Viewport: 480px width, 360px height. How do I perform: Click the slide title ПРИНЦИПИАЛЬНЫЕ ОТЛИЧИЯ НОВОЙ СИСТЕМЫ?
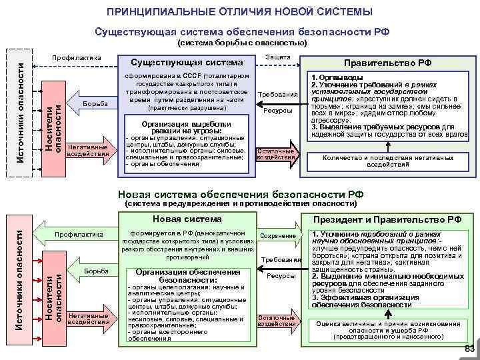click(x=240, y=12)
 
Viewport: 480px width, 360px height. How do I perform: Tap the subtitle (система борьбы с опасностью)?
click(x=241, y=43)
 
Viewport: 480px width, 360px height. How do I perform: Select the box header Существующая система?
click(x=187, y=63)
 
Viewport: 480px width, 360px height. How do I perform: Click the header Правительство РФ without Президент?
click(x=387, y=63)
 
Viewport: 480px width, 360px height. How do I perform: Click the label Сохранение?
click(x=279, y=236)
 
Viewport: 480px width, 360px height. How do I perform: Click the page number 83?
click(x=469, y=349)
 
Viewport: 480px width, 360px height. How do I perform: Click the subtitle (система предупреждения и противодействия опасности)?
click(x=241, y=203)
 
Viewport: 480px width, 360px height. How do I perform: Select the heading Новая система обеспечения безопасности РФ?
click(x=241, y=194)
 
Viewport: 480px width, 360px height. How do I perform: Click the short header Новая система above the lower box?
click(x=187, y=219)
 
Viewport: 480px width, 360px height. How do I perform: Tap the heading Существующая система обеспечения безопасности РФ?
click(x=242, y=31)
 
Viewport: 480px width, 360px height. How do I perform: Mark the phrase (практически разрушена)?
click(x=187, y=107)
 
